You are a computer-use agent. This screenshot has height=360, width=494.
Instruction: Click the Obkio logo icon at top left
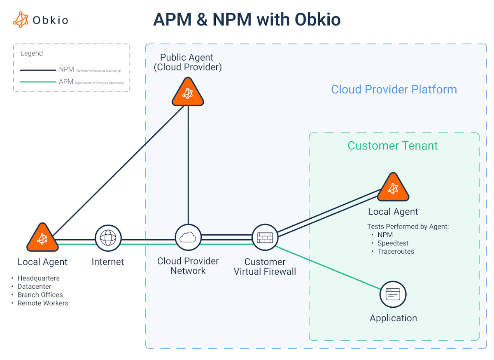pyautogui.click(x=21, y=19)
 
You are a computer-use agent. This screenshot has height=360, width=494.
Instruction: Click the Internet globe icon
pyautogui.click(x=108, y=238)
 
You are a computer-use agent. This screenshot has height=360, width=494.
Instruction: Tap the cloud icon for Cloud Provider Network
pyautogui.click(x=188, y=237)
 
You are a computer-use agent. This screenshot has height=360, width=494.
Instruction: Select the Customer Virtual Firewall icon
pyautogui.click(x=265, y=237)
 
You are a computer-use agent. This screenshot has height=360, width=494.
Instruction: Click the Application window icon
pyautogui.click(x=393, y=295)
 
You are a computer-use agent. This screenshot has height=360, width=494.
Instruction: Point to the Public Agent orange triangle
pyautogui.click(x=188, y=93)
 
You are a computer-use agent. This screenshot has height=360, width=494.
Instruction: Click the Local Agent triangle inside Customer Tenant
pyautogui.click(x=393, y=187)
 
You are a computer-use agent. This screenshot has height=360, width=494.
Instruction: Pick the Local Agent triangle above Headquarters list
pyautogui.click(x=42, y=238)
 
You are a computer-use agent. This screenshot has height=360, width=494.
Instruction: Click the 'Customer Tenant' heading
pyautogui.click(x=393, y=145)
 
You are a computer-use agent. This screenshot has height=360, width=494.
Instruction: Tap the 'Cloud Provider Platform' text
pyautogui.click(x=394, y=89)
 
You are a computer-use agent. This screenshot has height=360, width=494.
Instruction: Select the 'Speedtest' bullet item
pyautogui.click(x=393, y=243)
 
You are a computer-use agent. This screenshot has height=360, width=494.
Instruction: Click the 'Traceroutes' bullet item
pyautogui.click(x=396, y=251)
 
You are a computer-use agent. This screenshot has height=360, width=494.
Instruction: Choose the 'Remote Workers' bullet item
pyautogui.click(x=43, y=303)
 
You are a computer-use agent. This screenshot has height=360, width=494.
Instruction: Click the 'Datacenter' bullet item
pyautogui.click(x=34, y=286)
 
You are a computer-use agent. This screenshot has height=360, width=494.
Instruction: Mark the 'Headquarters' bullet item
pyautogui.click(x=38, y=278)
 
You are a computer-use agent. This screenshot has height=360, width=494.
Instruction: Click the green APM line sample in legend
pyautogui.click(x=38, y=82)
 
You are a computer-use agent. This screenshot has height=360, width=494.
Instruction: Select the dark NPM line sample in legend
pyautogui.click(x=38, y=70)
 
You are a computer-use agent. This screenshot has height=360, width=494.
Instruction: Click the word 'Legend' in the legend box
pyautogui.click(x=32, y=53)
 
